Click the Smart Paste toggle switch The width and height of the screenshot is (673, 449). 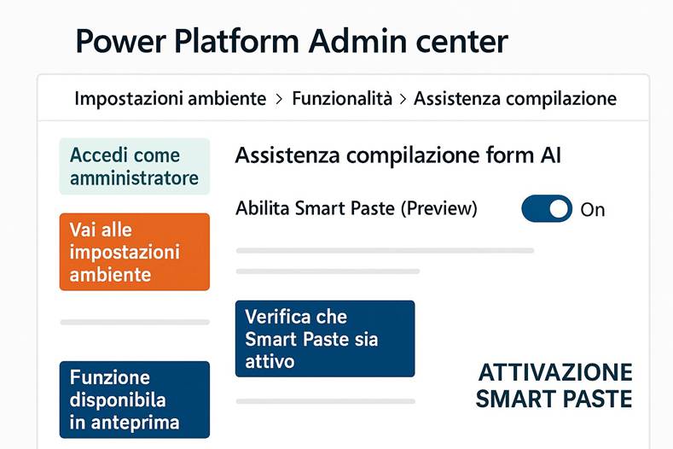click(x=547, y=208)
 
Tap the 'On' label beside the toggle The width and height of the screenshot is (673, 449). click(x=592, y=209)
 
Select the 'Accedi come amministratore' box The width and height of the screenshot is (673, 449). click(x=134, y=166)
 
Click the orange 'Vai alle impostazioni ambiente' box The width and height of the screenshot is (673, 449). click(x=134, y=252)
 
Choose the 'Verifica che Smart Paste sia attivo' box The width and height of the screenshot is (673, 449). click(x=324, y=339)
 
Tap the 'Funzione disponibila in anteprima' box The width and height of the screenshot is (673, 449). click(x=134, y=399)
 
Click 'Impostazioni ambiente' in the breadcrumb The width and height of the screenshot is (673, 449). click(x=170, y=98)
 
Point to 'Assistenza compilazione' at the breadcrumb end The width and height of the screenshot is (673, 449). click(x=514, y=98)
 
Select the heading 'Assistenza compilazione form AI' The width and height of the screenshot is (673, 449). click(x=397, y=155)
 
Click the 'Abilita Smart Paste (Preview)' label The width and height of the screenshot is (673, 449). click(x=357, y=208)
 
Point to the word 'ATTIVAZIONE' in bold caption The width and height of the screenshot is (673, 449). click(x=554, y=373)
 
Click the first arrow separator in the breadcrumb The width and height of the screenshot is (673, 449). click(x=279, y=99)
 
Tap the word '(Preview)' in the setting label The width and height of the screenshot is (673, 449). click(x=438, y=208)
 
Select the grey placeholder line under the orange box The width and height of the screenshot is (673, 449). click(x=134, y=322)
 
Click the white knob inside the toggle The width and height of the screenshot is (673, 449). click(x=559, y=208)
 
